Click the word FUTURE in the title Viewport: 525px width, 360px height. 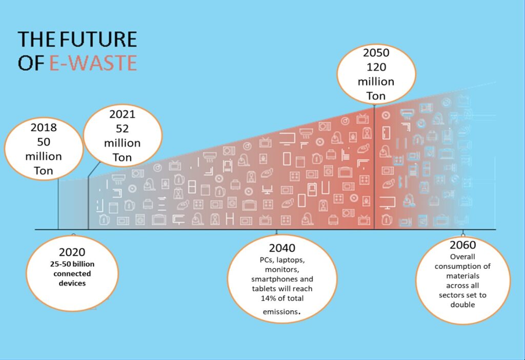tap(98, 39)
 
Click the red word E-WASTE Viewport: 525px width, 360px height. tap(93, 63)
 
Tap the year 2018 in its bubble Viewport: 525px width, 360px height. tap(44, 127)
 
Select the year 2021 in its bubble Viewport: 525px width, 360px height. tap(122, 114)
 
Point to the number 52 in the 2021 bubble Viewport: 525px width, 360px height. tap(122, 129)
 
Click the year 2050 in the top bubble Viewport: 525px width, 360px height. tap(376, 53)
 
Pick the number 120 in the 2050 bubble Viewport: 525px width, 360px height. tap(376, 67)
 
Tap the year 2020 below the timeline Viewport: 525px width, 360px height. tap(72, 252)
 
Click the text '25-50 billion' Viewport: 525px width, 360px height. tap(72, 264)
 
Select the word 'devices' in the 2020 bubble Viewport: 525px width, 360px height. tap(72, 283)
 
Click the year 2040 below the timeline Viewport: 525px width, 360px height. tap(282, 248)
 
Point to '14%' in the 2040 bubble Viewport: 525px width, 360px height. tap(268, 298)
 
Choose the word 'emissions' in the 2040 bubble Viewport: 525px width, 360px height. tap(280, 312)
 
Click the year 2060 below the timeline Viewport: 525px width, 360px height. tap(463, 245)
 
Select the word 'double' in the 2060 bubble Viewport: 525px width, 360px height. tap(463, 305)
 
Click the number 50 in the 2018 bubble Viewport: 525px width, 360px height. tap(44, 142)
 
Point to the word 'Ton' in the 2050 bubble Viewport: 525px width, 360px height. tap(376, 96)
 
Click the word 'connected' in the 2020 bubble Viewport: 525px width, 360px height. tap(72, 274)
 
